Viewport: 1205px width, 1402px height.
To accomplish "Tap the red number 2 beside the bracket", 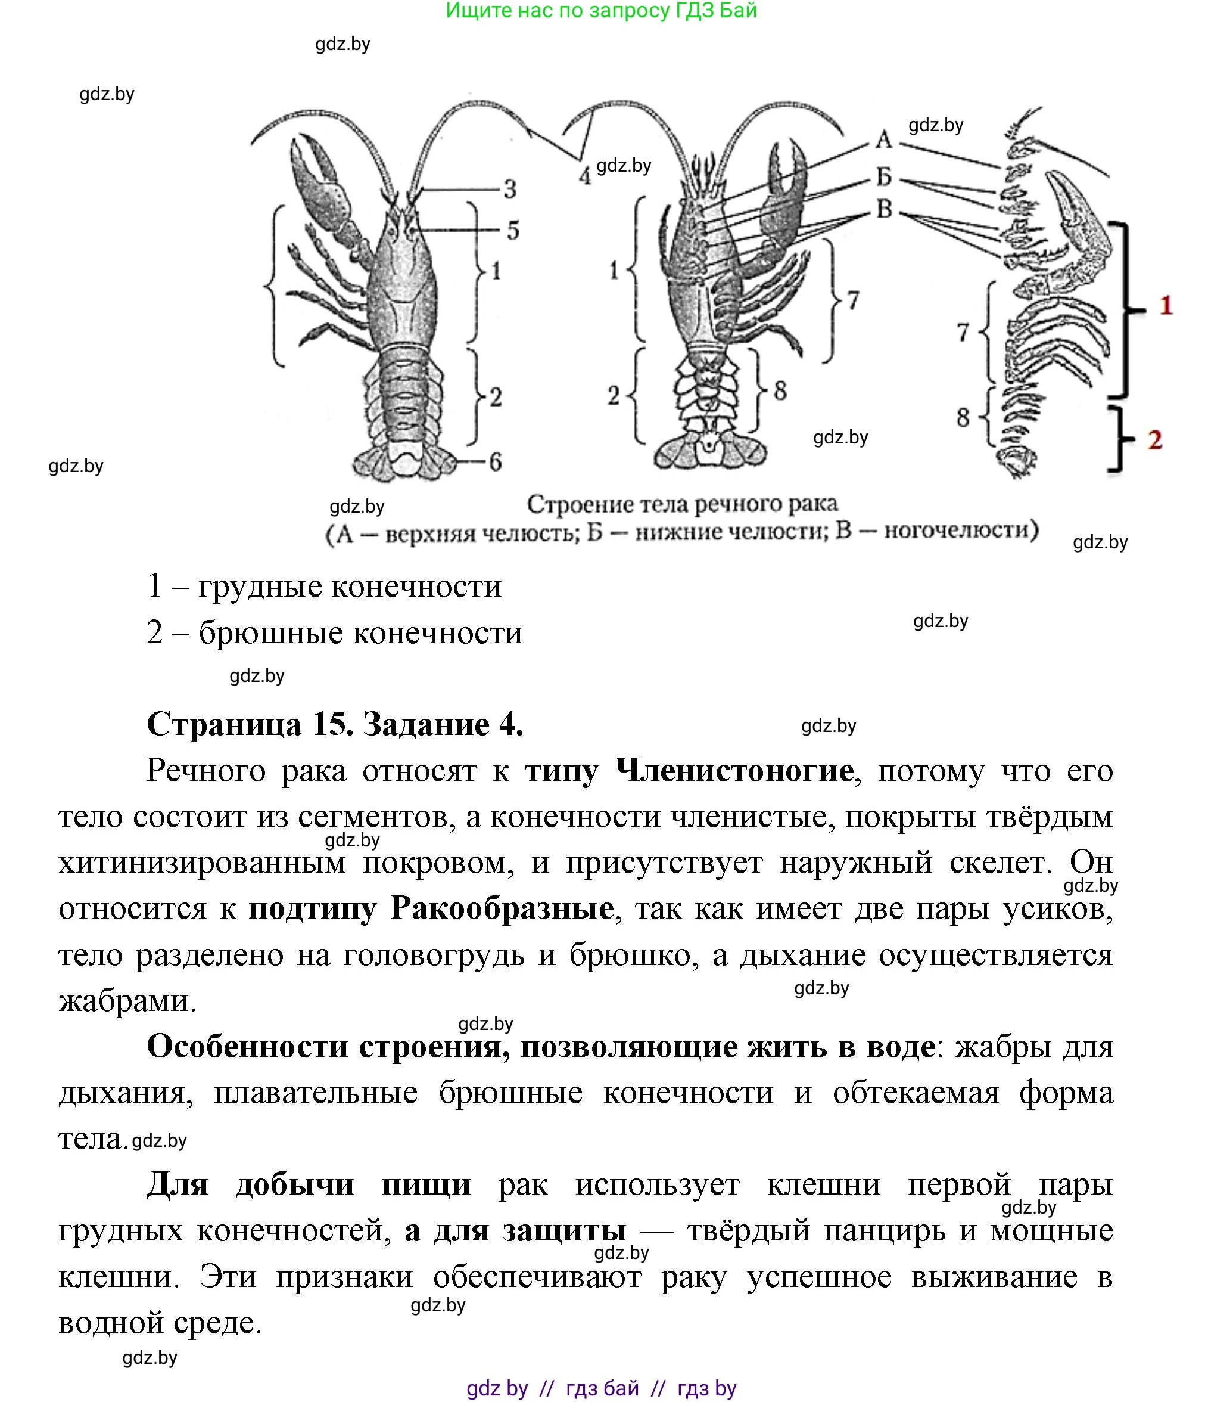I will coord(1155,440).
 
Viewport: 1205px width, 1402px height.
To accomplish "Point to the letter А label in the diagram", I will coord(884,139).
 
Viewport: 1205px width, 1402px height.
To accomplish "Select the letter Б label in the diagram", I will coord(884,176).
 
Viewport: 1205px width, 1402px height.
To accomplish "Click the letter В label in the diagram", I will coord(885,209).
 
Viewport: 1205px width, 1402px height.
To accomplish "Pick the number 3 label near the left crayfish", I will coord(510,189).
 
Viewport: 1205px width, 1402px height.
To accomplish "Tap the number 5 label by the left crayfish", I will coord(513,231).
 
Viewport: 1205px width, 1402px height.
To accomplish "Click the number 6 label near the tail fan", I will coord(496,462).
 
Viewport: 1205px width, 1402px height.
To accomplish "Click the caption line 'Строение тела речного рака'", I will coord(681,504).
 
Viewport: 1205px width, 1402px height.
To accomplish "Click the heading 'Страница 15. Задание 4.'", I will coord(335,724).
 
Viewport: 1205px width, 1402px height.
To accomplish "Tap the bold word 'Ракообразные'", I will coord(502,908).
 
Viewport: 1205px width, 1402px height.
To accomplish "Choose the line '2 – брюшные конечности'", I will coord(335,632).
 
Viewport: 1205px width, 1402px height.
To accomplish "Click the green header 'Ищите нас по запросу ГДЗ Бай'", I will coord(601,11).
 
